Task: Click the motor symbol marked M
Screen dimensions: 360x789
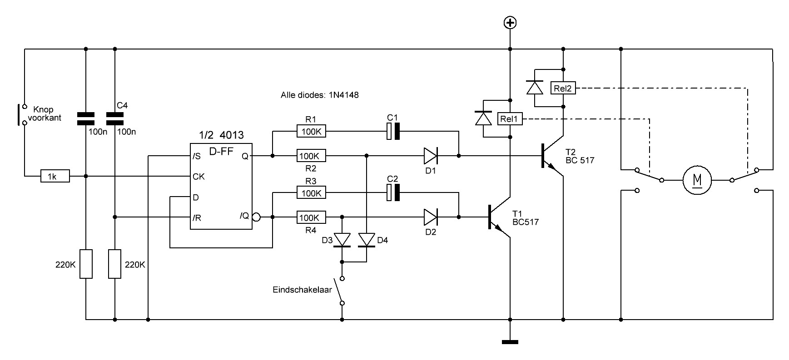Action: (697, 180)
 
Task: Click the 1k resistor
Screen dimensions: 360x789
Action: (55, 176)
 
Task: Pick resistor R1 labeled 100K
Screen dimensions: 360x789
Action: (311, 132)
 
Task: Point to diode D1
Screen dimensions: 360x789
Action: (430, 156)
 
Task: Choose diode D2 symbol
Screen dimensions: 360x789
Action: (430, 217)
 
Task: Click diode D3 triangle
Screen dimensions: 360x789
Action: (342, 240)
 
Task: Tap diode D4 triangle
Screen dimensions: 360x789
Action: (367, 240)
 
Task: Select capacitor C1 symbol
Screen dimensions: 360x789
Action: (393, 132)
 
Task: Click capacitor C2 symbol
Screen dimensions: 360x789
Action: (393, 193)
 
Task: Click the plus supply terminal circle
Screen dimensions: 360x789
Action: (511, 23)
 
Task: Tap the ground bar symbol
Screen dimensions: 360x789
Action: (511, 341)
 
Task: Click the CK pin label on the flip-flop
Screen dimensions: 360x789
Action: (199, 176)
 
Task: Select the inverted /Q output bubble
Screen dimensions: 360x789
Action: (256, 217)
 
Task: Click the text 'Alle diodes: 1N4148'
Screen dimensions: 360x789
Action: (320, 96)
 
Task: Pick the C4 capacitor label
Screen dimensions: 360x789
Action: (122, 105)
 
